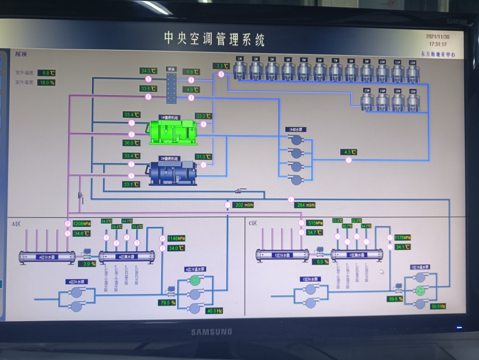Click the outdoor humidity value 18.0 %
pos(47,83)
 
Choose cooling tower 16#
pos(413,101)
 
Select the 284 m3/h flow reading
pos(306,205)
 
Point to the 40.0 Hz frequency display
pos(214,311)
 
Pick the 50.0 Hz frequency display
pos(437,306)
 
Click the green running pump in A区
pos(195,280)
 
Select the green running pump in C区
pos(420,291)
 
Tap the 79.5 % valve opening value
pos(167,302)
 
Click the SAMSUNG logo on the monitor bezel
pos(212,332)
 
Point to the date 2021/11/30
pos(437,37)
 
